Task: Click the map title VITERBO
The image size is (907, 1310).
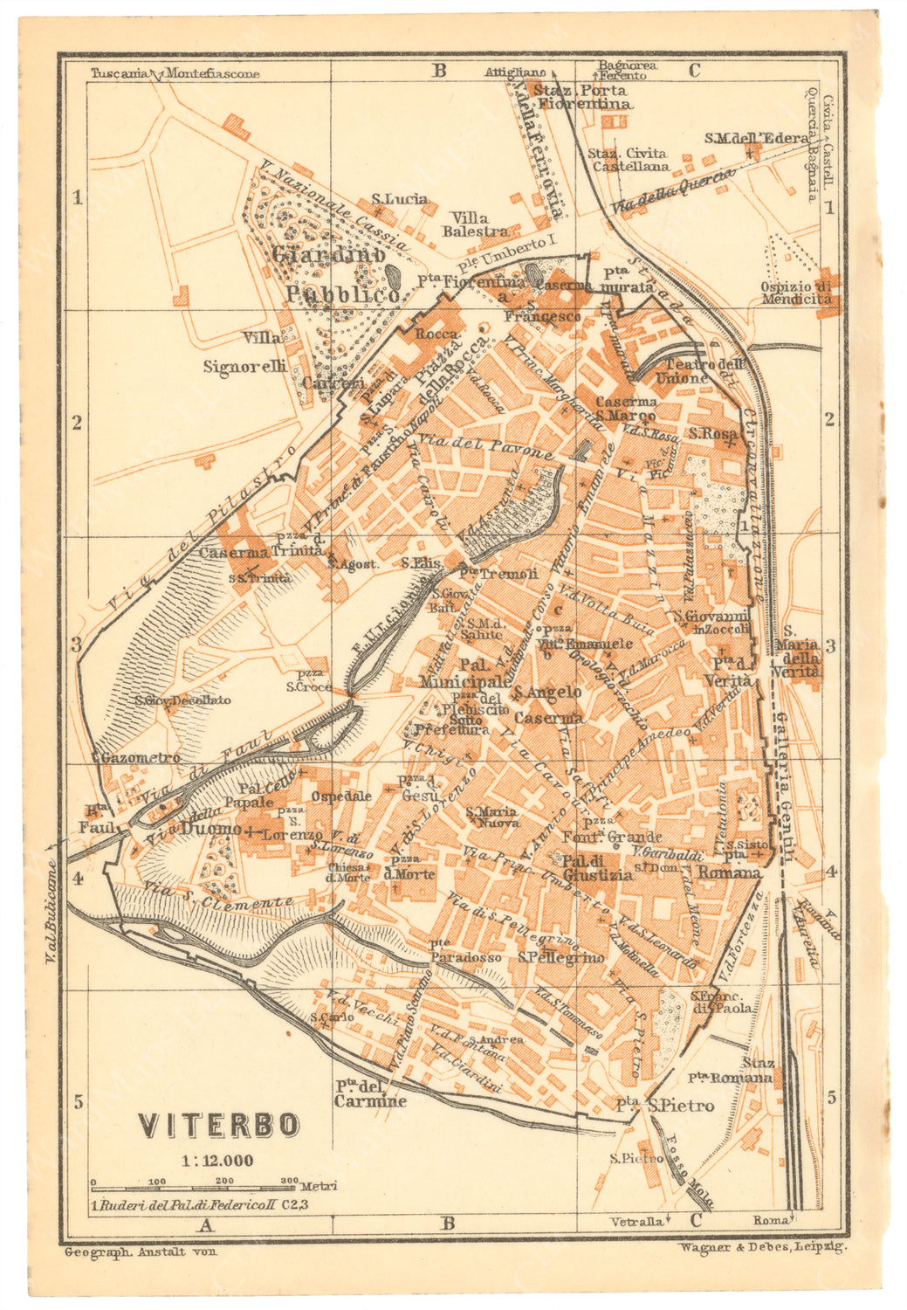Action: [x=219, y=1125]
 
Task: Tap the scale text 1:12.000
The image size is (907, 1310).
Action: [x=217, y=1161]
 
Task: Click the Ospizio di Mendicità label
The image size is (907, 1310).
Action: [x=795, y=293]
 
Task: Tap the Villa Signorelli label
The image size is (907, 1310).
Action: [x=245, y=352]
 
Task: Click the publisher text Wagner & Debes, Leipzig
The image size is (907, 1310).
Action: [x=760, y=1248]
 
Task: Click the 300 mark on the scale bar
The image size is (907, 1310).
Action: [x=289, y=1181]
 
